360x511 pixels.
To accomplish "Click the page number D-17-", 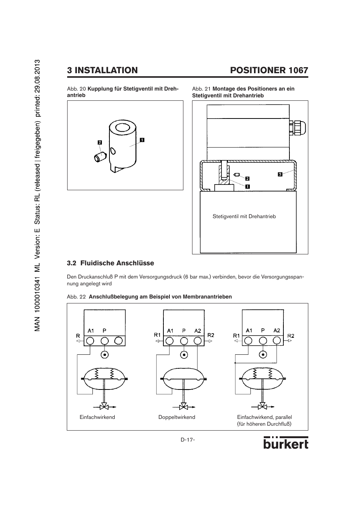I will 188,440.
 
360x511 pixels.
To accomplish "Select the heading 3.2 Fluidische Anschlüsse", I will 111,263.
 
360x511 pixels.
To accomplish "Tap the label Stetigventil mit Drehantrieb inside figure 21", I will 244,217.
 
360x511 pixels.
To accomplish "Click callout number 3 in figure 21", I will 280,174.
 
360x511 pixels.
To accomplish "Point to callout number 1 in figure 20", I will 142,140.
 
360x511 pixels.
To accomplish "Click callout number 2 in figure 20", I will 100,143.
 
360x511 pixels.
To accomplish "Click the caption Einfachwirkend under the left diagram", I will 97,417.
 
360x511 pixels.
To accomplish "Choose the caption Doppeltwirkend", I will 177,417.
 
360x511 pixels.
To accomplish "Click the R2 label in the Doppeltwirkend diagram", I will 211,335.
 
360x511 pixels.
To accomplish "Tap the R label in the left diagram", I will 78,336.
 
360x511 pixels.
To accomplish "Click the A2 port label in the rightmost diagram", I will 277,330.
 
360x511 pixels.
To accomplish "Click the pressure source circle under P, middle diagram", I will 184,355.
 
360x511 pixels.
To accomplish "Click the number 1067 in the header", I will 298,70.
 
